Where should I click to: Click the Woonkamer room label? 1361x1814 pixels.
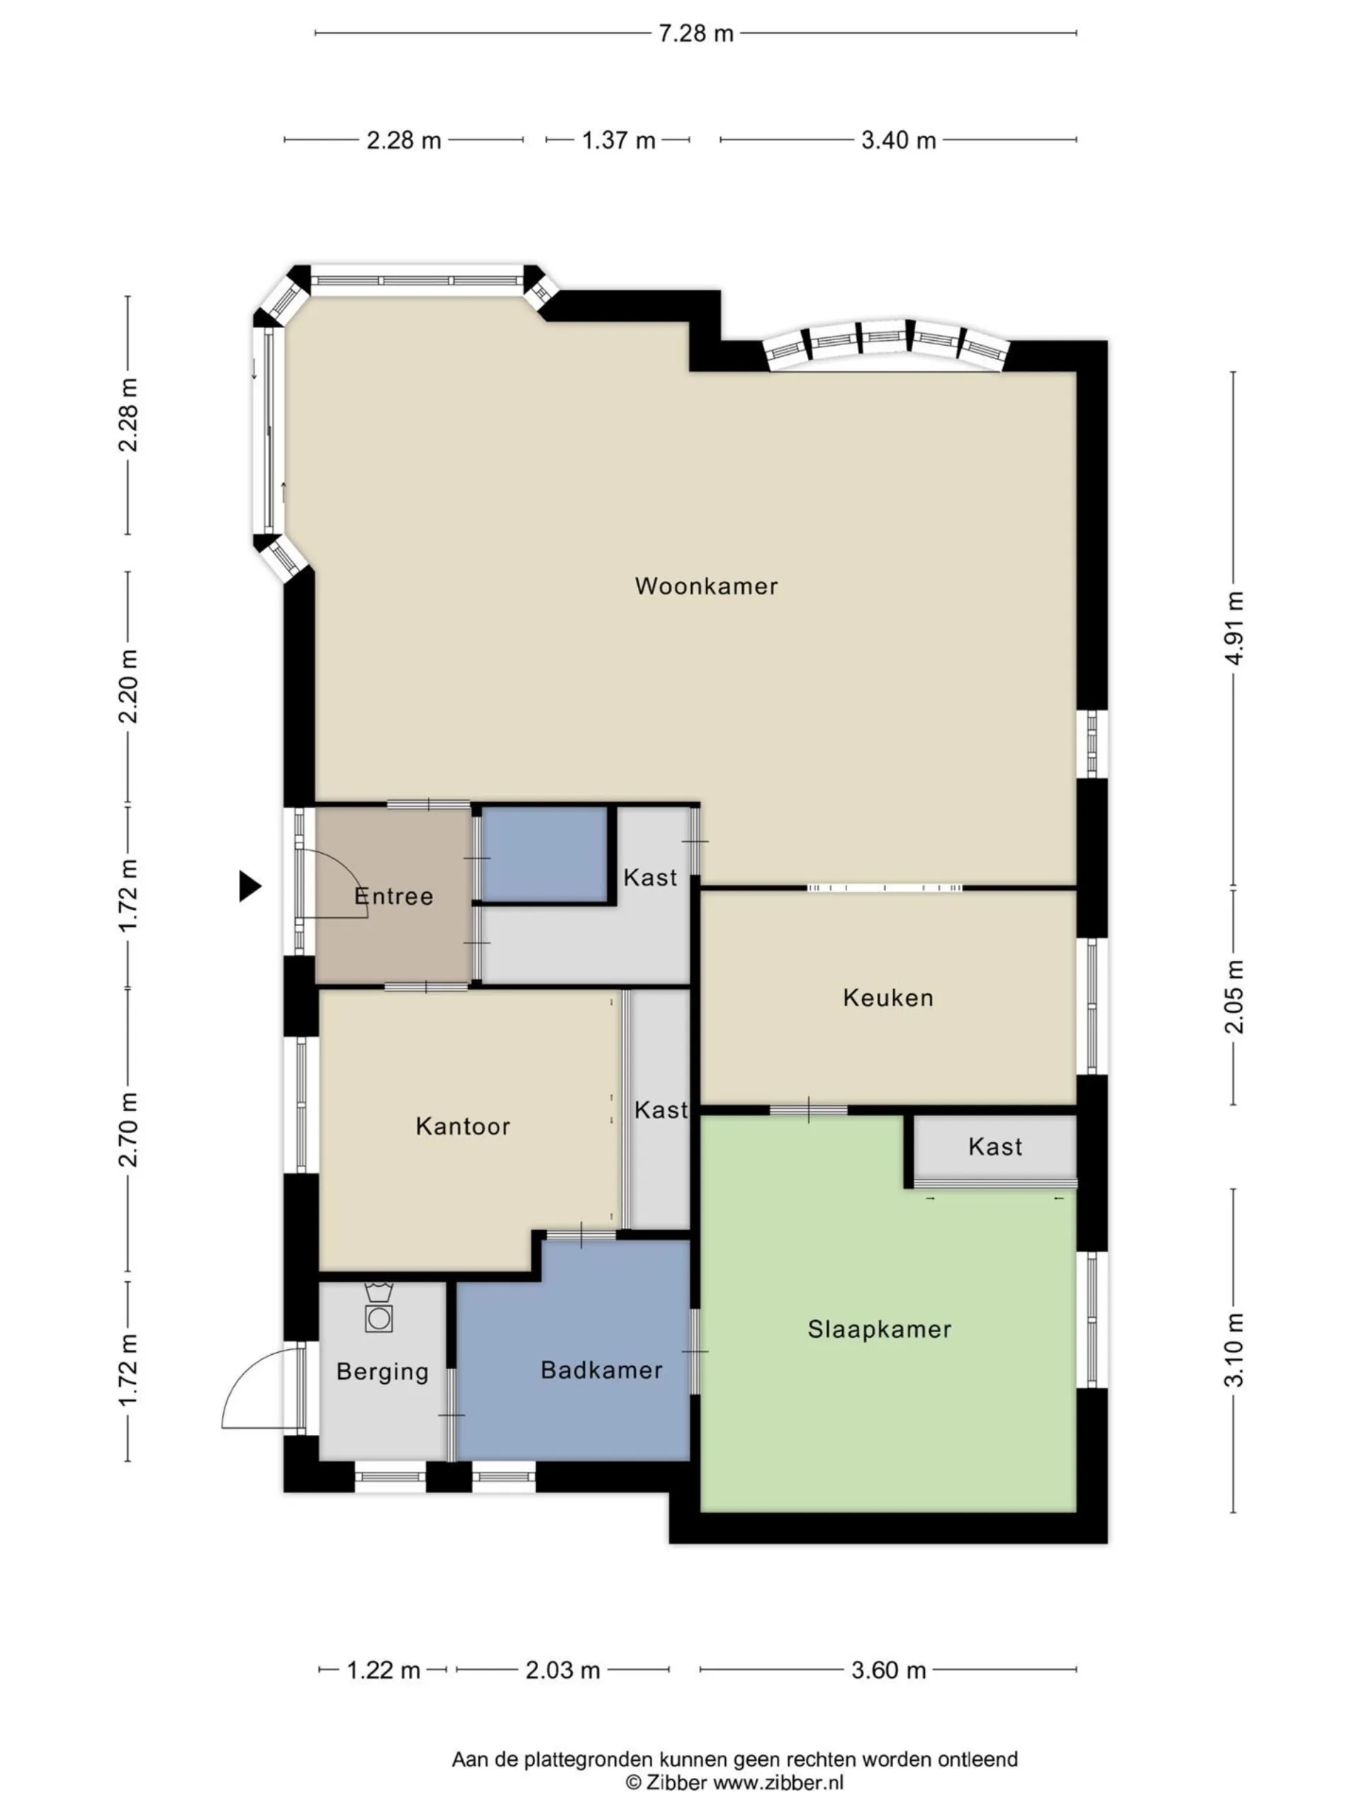[705, 585]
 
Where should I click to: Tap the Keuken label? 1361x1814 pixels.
[887, 997]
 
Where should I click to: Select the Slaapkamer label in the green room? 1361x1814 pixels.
[880, 1329]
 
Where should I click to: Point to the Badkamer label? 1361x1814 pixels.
[601, 1370]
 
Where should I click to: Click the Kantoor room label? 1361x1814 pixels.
[463, 1126]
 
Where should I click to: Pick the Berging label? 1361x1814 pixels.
[382, 1372]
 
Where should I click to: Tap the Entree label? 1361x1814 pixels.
[394, 896]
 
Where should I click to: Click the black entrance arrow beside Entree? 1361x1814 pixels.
[250, 886]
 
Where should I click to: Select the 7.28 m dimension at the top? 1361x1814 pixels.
[695, 33]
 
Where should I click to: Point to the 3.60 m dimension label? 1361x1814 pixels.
[888, 1669]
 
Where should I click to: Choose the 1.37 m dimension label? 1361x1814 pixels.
[619, 140]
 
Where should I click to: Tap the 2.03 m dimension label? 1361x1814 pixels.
[563, 1669]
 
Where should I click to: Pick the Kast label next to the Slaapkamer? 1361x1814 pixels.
[995, 1146]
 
